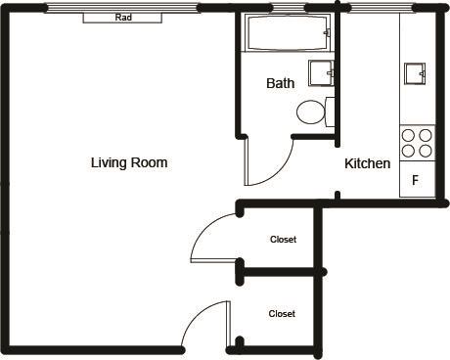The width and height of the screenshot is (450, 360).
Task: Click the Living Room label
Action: (x=129, y=162)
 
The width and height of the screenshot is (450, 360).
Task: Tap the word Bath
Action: (x=281, y=83)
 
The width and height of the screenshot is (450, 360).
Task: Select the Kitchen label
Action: (x=368, y=163)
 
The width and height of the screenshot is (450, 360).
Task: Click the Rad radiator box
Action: (x=122, y=18)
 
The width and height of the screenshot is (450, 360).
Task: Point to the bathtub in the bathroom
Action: (x=288, y=32)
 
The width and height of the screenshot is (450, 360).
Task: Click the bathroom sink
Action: (x=321, y=73)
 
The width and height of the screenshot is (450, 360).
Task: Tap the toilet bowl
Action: (x=311, y=112)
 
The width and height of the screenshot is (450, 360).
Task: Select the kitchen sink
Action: (x=415, y=73)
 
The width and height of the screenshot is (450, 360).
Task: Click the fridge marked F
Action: (x=418, y=179)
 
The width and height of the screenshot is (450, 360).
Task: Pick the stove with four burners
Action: (x=418, y=143)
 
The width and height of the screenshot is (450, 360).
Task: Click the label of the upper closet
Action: (x=283, y=240)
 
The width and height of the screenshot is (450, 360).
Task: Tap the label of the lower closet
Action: (x=282, y=314)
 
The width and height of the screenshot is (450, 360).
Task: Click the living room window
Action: (x=122, y=8)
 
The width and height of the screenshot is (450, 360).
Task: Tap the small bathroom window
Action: (x=288, y=8)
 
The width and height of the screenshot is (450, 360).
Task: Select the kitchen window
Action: (x=381, y=8)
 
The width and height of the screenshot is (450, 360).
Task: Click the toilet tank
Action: (x=330, y=112)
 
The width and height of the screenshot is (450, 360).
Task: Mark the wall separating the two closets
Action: (x=281, y=272)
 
